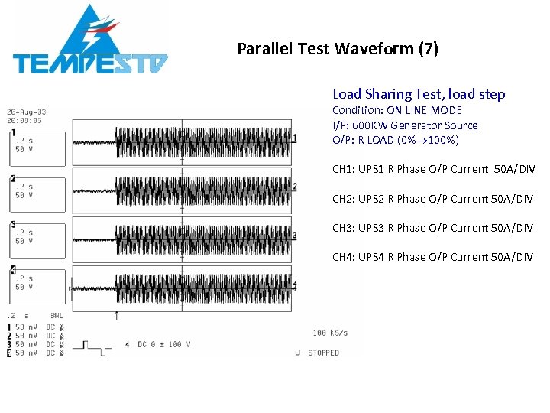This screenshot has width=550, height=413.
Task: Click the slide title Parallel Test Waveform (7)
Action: pos(338,49)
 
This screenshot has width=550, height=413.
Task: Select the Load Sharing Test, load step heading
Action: pos(419,94)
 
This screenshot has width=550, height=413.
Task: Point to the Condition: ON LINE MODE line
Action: pos(396,110)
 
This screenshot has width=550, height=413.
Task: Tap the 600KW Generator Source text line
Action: pos(405,125)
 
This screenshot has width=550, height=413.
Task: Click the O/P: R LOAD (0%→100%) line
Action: pos(395,140)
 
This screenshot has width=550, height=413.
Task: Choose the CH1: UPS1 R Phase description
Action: pos(432,169)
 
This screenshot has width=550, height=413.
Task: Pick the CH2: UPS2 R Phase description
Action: pos(432,199)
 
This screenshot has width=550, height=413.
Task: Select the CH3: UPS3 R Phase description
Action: pos(432,228)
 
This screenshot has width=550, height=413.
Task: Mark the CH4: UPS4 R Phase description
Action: pos(432,257)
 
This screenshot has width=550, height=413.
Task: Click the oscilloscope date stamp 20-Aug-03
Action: pos(27,112)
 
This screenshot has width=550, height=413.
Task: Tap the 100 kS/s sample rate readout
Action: pos(331,333)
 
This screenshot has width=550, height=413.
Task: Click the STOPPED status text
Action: pos(323,353)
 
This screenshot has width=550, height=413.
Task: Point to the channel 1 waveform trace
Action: pos(202,139)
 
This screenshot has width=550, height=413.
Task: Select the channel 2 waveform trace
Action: pos(202,187)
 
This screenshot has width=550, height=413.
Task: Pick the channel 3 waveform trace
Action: pos(202,233)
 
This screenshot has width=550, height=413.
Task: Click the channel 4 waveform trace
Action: pos(202,285)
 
